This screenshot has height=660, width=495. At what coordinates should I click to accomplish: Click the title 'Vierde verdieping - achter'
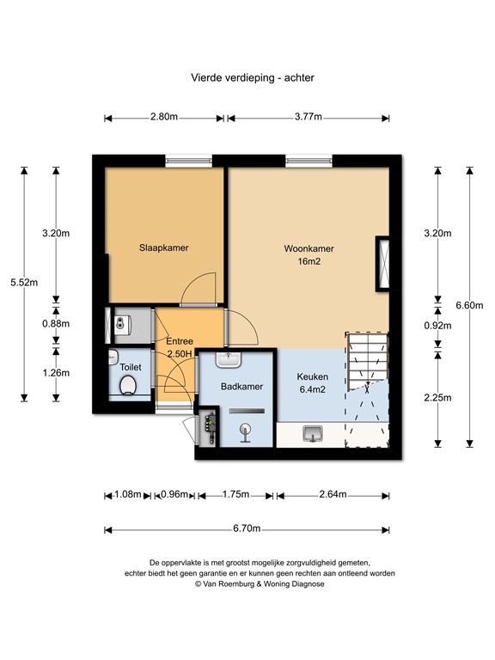coord(252,77)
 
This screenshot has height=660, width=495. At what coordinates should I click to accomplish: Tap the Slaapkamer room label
coord(164,247)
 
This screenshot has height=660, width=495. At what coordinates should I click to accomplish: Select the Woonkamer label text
coord(309,249)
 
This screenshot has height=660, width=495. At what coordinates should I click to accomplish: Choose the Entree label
coord(180,341)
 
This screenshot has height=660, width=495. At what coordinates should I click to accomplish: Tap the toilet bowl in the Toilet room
coord(130,386)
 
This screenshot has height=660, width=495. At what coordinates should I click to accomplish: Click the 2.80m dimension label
coord(163,118)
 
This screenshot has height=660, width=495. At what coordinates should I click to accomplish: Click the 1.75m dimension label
coord(235,494)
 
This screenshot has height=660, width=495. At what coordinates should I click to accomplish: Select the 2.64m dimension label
coord(332,494)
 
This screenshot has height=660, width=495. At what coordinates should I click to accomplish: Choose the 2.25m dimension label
coord(438,399)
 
